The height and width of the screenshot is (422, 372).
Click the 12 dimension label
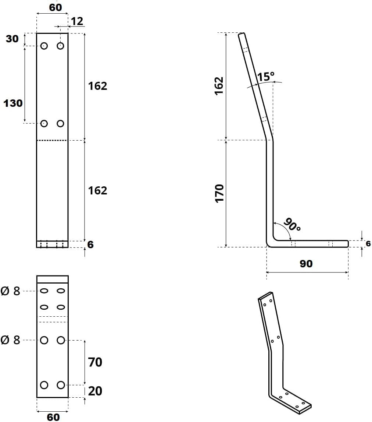(77, 21)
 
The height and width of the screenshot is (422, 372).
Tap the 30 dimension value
(12, 39)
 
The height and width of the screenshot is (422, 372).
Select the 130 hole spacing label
(12, 103)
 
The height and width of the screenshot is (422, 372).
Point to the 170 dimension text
(219, 193)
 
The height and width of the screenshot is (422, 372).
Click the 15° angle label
(266, 77)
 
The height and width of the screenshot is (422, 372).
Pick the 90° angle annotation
(292, 224)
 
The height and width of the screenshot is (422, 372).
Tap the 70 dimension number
(95, 362)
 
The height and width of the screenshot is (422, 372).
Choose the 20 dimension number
(95, 391)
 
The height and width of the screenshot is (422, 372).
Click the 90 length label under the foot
(306, 264)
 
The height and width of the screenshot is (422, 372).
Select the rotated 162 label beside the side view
(219, 86)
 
